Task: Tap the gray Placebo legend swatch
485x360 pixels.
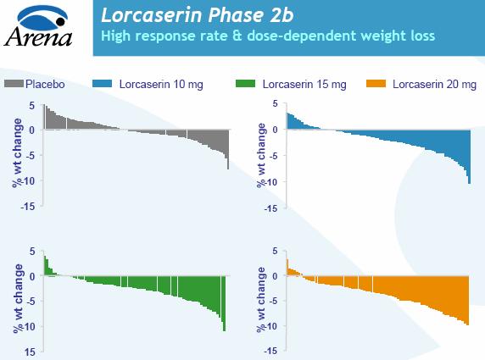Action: pos(14,84)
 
